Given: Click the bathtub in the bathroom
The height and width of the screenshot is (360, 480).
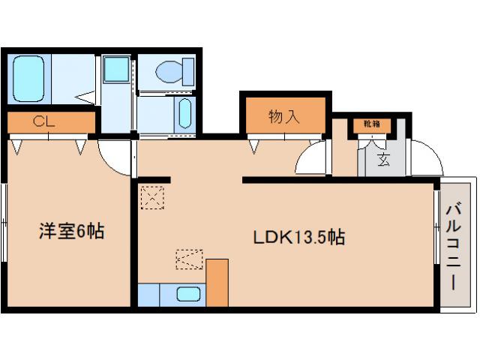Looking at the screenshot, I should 29,78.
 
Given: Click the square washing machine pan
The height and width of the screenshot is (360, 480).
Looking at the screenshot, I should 116,70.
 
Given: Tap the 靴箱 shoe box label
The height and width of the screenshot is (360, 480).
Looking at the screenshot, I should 373,124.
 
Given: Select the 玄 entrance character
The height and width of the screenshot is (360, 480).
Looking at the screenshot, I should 383,159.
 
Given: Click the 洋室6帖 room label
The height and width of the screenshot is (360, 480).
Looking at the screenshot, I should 71,232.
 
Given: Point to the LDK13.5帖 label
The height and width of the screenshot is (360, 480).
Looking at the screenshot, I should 298,238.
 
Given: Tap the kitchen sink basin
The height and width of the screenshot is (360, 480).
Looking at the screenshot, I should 187,294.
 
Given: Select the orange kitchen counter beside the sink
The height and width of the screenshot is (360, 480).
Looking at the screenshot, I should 217,282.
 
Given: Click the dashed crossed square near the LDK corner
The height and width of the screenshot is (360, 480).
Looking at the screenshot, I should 151,198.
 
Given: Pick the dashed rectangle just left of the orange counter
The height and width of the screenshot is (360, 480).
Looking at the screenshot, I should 189,259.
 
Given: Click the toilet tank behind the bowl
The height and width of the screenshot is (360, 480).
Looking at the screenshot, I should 187,72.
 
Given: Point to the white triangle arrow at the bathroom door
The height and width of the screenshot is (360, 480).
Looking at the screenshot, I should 88,94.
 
